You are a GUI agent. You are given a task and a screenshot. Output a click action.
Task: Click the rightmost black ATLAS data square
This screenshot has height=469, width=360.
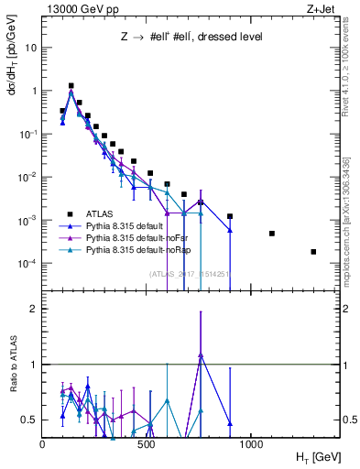pyautogui.click(x=313, y=252)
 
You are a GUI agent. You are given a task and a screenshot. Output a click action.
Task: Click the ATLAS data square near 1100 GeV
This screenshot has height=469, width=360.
pyautogui.click(x=272, y=234)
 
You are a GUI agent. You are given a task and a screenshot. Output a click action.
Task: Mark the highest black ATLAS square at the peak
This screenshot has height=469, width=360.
pyautogui.click(x=71, y=85)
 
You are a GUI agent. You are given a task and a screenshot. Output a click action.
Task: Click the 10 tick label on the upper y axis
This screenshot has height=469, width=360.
pyautogui.click(x=30, y=48)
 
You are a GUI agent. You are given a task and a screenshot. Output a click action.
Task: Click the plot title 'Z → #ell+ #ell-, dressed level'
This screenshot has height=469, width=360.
pyautogui.click(x=192, y=38)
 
